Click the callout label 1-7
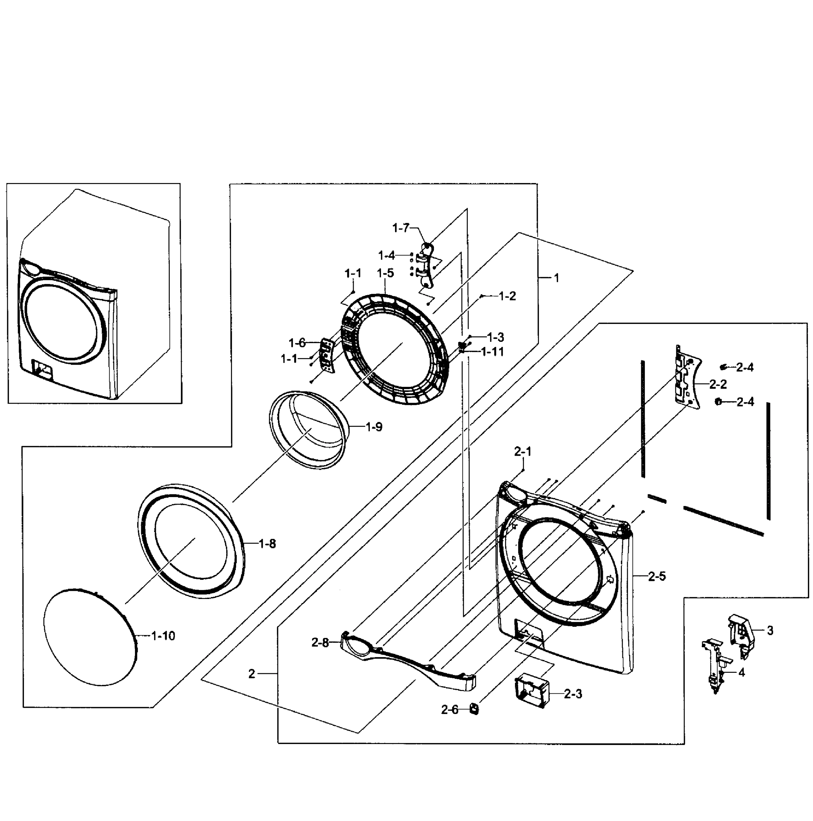[400, 228]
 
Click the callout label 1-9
[374, 427]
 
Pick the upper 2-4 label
[745, 367]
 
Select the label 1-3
[495, 337]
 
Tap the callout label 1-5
[385, 273]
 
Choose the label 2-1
[523, 451]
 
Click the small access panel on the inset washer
[42, 368]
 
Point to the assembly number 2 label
[252, 674]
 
